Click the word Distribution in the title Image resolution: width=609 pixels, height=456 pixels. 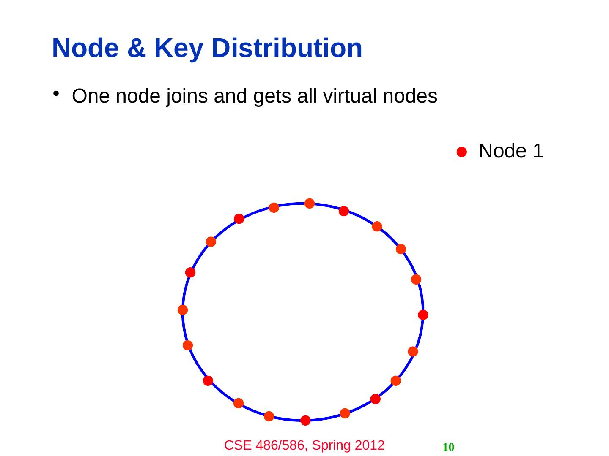tap(286, 48)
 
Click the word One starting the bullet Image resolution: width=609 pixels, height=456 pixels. tap(91, 96)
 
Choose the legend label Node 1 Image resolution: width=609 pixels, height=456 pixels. tap(510, 151)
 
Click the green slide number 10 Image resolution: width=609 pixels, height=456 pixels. tap(448, 447)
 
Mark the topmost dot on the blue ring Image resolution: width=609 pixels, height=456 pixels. tap(310, 204)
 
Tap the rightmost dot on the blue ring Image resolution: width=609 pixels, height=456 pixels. tap(423, 315)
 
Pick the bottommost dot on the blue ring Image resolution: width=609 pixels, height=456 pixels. tap(305, 420)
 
